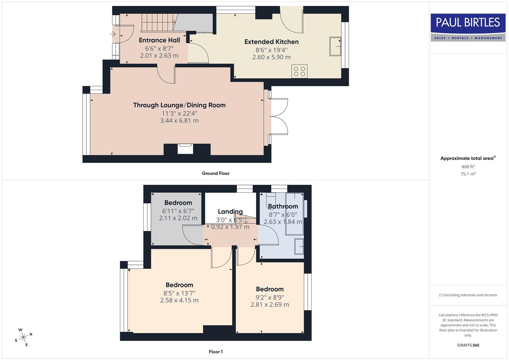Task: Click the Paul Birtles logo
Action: tap(468, 27)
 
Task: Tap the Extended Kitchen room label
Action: tap(271, 42)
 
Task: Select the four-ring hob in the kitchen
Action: tap(299, 71)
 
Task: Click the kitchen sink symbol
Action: tap(336, 46)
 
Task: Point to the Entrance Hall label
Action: tap(159, 40)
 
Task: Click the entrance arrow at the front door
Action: tap(113, 34)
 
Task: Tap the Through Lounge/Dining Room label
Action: tap(179, 105)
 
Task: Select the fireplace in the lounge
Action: tap(185, 148)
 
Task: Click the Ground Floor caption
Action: tap(216, 173)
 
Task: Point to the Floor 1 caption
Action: tap(216, 352)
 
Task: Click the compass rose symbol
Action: tap(23, 337)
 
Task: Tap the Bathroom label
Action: tap(283, 206)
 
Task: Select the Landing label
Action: tap(230, 211)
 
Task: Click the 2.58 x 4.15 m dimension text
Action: tap(179, 300)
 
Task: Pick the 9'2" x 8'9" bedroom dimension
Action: tap(270, 297)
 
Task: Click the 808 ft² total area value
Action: tap(468, 167)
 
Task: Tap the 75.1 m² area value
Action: tap(468, 174)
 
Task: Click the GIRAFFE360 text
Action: tap(468, 345)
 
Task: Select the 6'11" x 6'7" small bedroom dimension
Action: tap(178, 211)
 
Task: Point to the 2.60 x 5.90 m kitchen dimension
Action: tap(271, 57)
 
